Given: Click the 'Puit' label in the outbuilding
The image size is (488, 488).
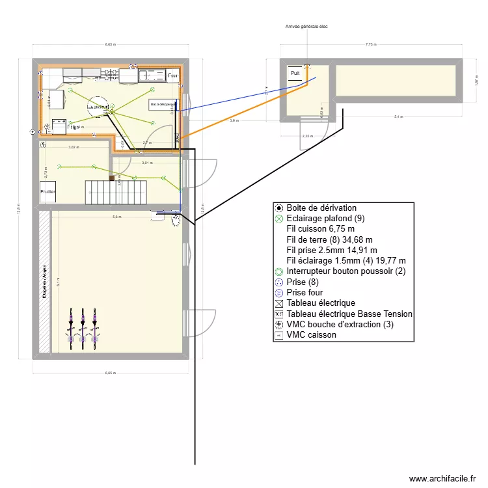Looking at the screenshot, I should click(295, 74).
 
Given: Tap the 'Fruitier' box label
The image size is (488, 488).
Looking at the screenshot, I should click(48, 192).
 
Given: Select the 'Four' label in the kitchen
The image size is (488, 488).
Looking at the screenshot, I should click(172, 76).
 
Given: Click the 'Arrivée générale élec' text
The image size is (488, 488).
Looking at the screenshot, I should click(312, 27).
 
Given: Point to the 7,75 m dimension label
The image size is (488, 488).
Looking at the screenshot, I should click(370, 45).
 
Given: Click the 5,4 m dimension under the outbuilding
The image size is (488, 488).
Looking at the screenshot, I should click(398, 117).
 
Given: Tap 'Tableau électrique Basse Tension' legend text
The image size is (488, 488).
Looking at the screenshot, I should click(349, 314).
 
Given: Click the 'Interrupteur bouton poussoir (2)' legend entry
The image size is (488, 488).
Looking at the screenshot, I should click(346, 271).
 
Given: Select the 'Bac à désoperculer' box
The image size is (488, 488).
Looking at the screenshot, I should click(162, 104).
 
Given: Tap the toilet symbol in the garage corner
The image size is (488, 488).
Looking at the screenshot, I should click(176, 222).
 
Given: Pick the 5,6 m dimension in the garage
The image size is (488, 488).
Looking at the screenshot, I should click(116, 217).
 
